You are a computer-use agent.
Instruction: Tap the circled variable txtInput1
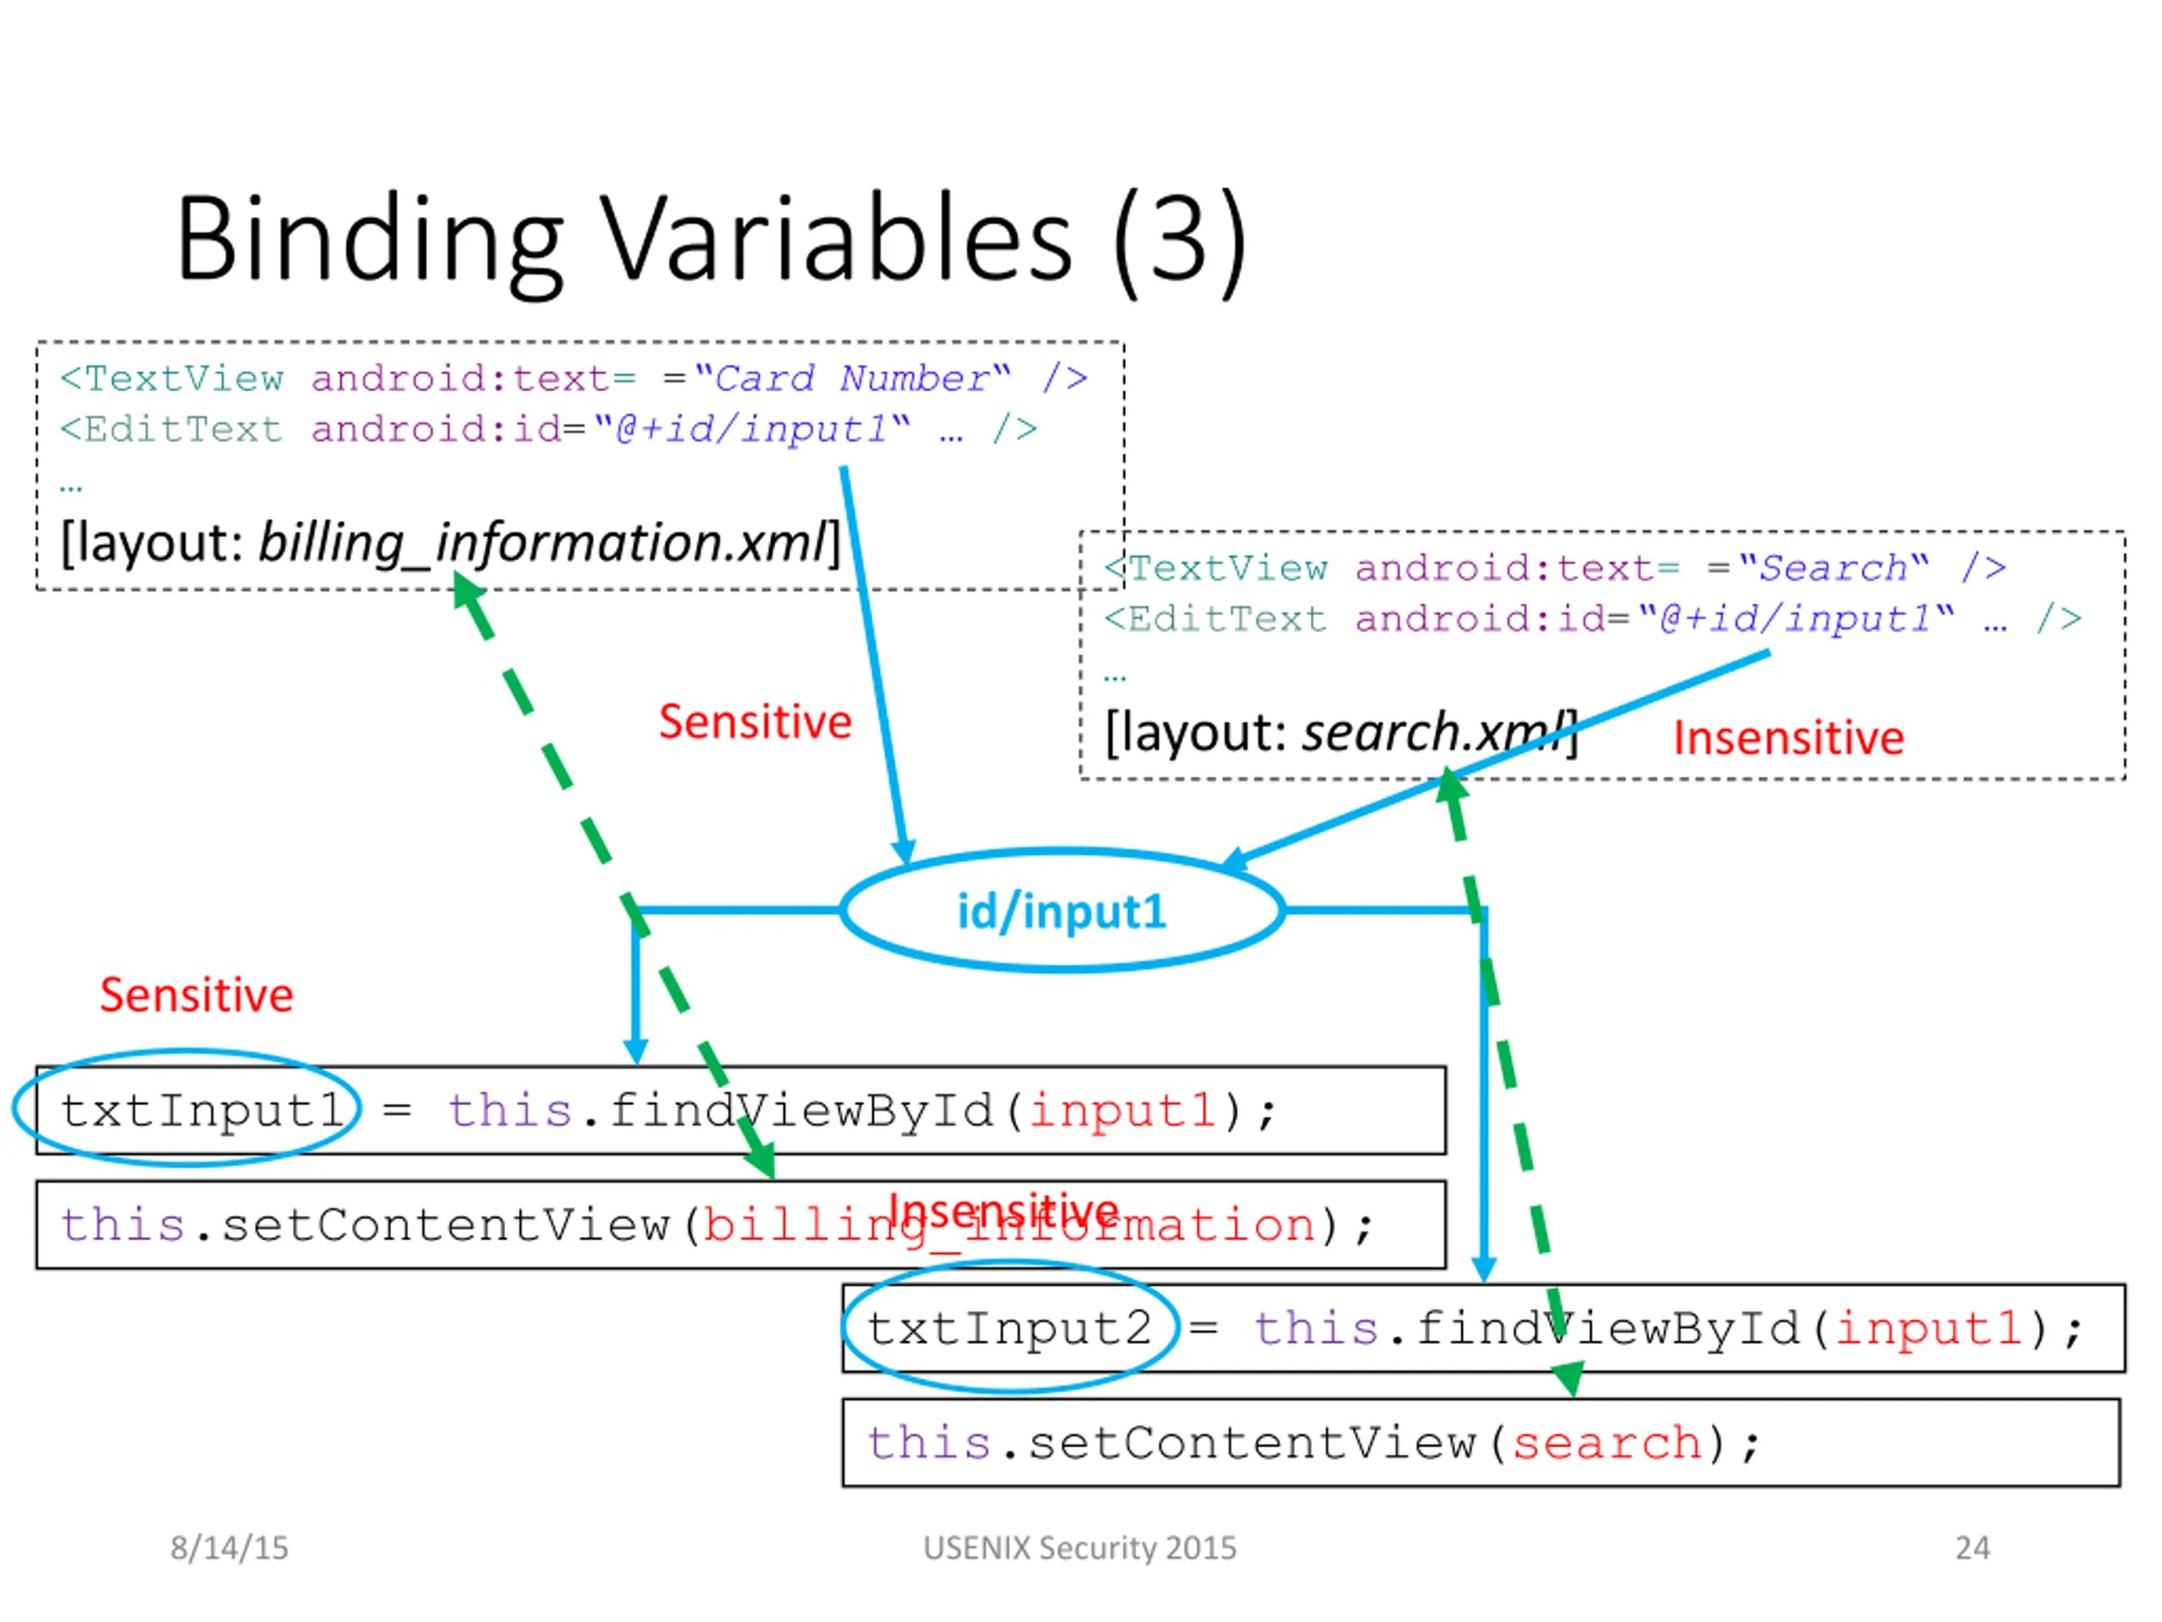click(x=200, y=1111)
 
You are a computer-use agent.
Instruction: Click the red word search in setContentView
click(x=1605, y=1443)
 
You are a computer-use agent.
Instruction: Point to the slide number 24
click(x=1971, y=1548)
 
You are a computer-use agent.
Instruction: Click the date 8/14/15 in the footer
click(x=229, y=1548)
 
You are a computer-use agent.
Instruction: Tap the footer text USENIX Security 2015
click(x=1080, y=1548)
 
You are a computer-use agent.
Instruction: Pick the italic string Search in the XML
click(x=1833, y=568)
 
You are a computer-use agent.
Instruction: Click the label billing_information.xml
click(x=542, y=542)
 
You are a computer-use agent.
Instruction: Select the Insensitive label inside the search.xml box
click(x=1788, y=738)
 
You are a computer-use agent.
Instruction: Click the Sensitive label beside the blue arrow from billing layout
click(x=754, y=722)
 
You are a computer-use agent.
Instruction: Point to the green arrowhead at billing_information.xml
click(x=466, y=590)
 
